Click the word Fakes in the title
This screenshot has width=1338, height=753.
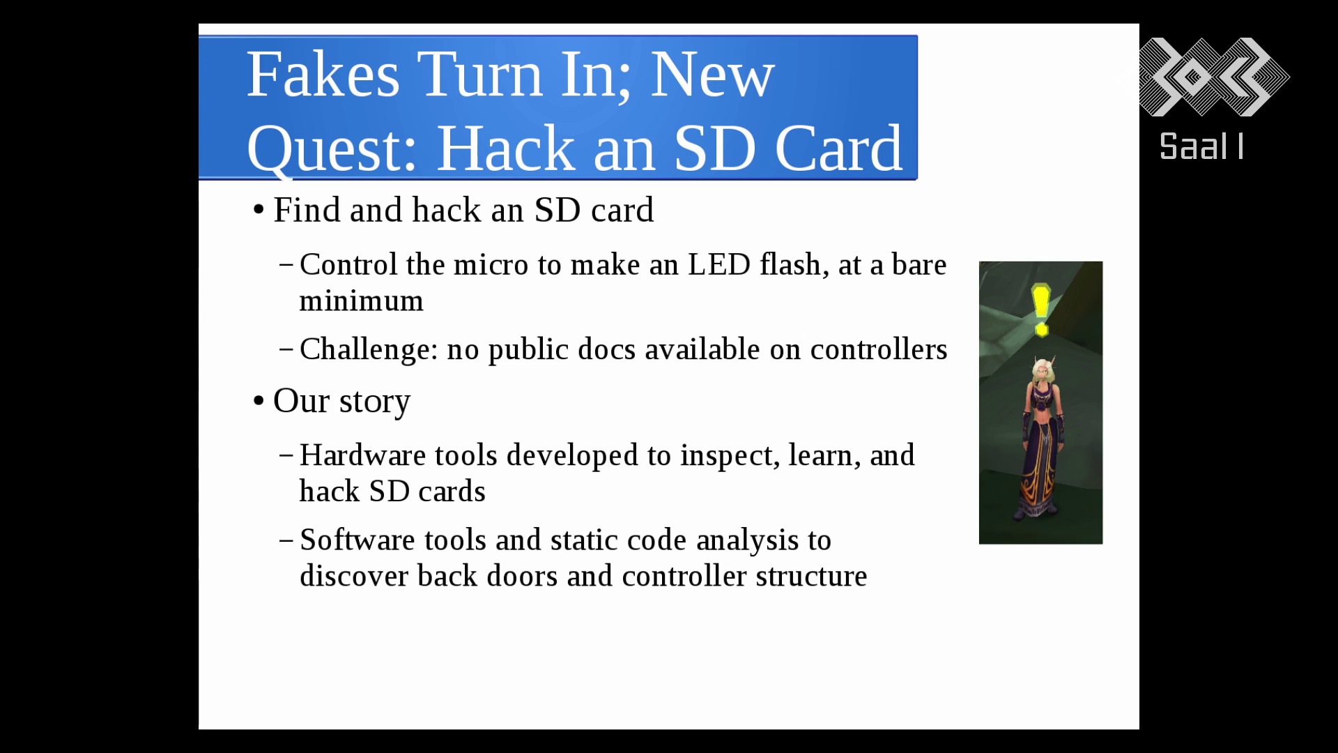[x=323, y=75]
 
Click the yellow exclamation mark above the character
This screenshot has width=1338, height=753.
[x=1041, y=310]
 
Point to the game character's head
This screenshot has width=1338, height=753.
[x=1042, y=370]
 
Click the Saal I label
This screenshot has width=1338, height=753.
[x=1201, y=147]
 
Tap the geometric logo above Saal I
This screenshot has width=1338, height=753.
[x=1214, y=77]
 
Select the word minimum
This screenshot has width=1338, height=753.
[x=361, y=301]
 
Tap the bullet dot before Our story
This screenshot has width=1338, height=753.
[x=259, y=402]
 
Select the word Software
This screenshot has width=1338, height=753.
[x=357, y=540]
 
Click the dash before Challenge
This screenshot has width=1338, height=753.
[x=286, y=349]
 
